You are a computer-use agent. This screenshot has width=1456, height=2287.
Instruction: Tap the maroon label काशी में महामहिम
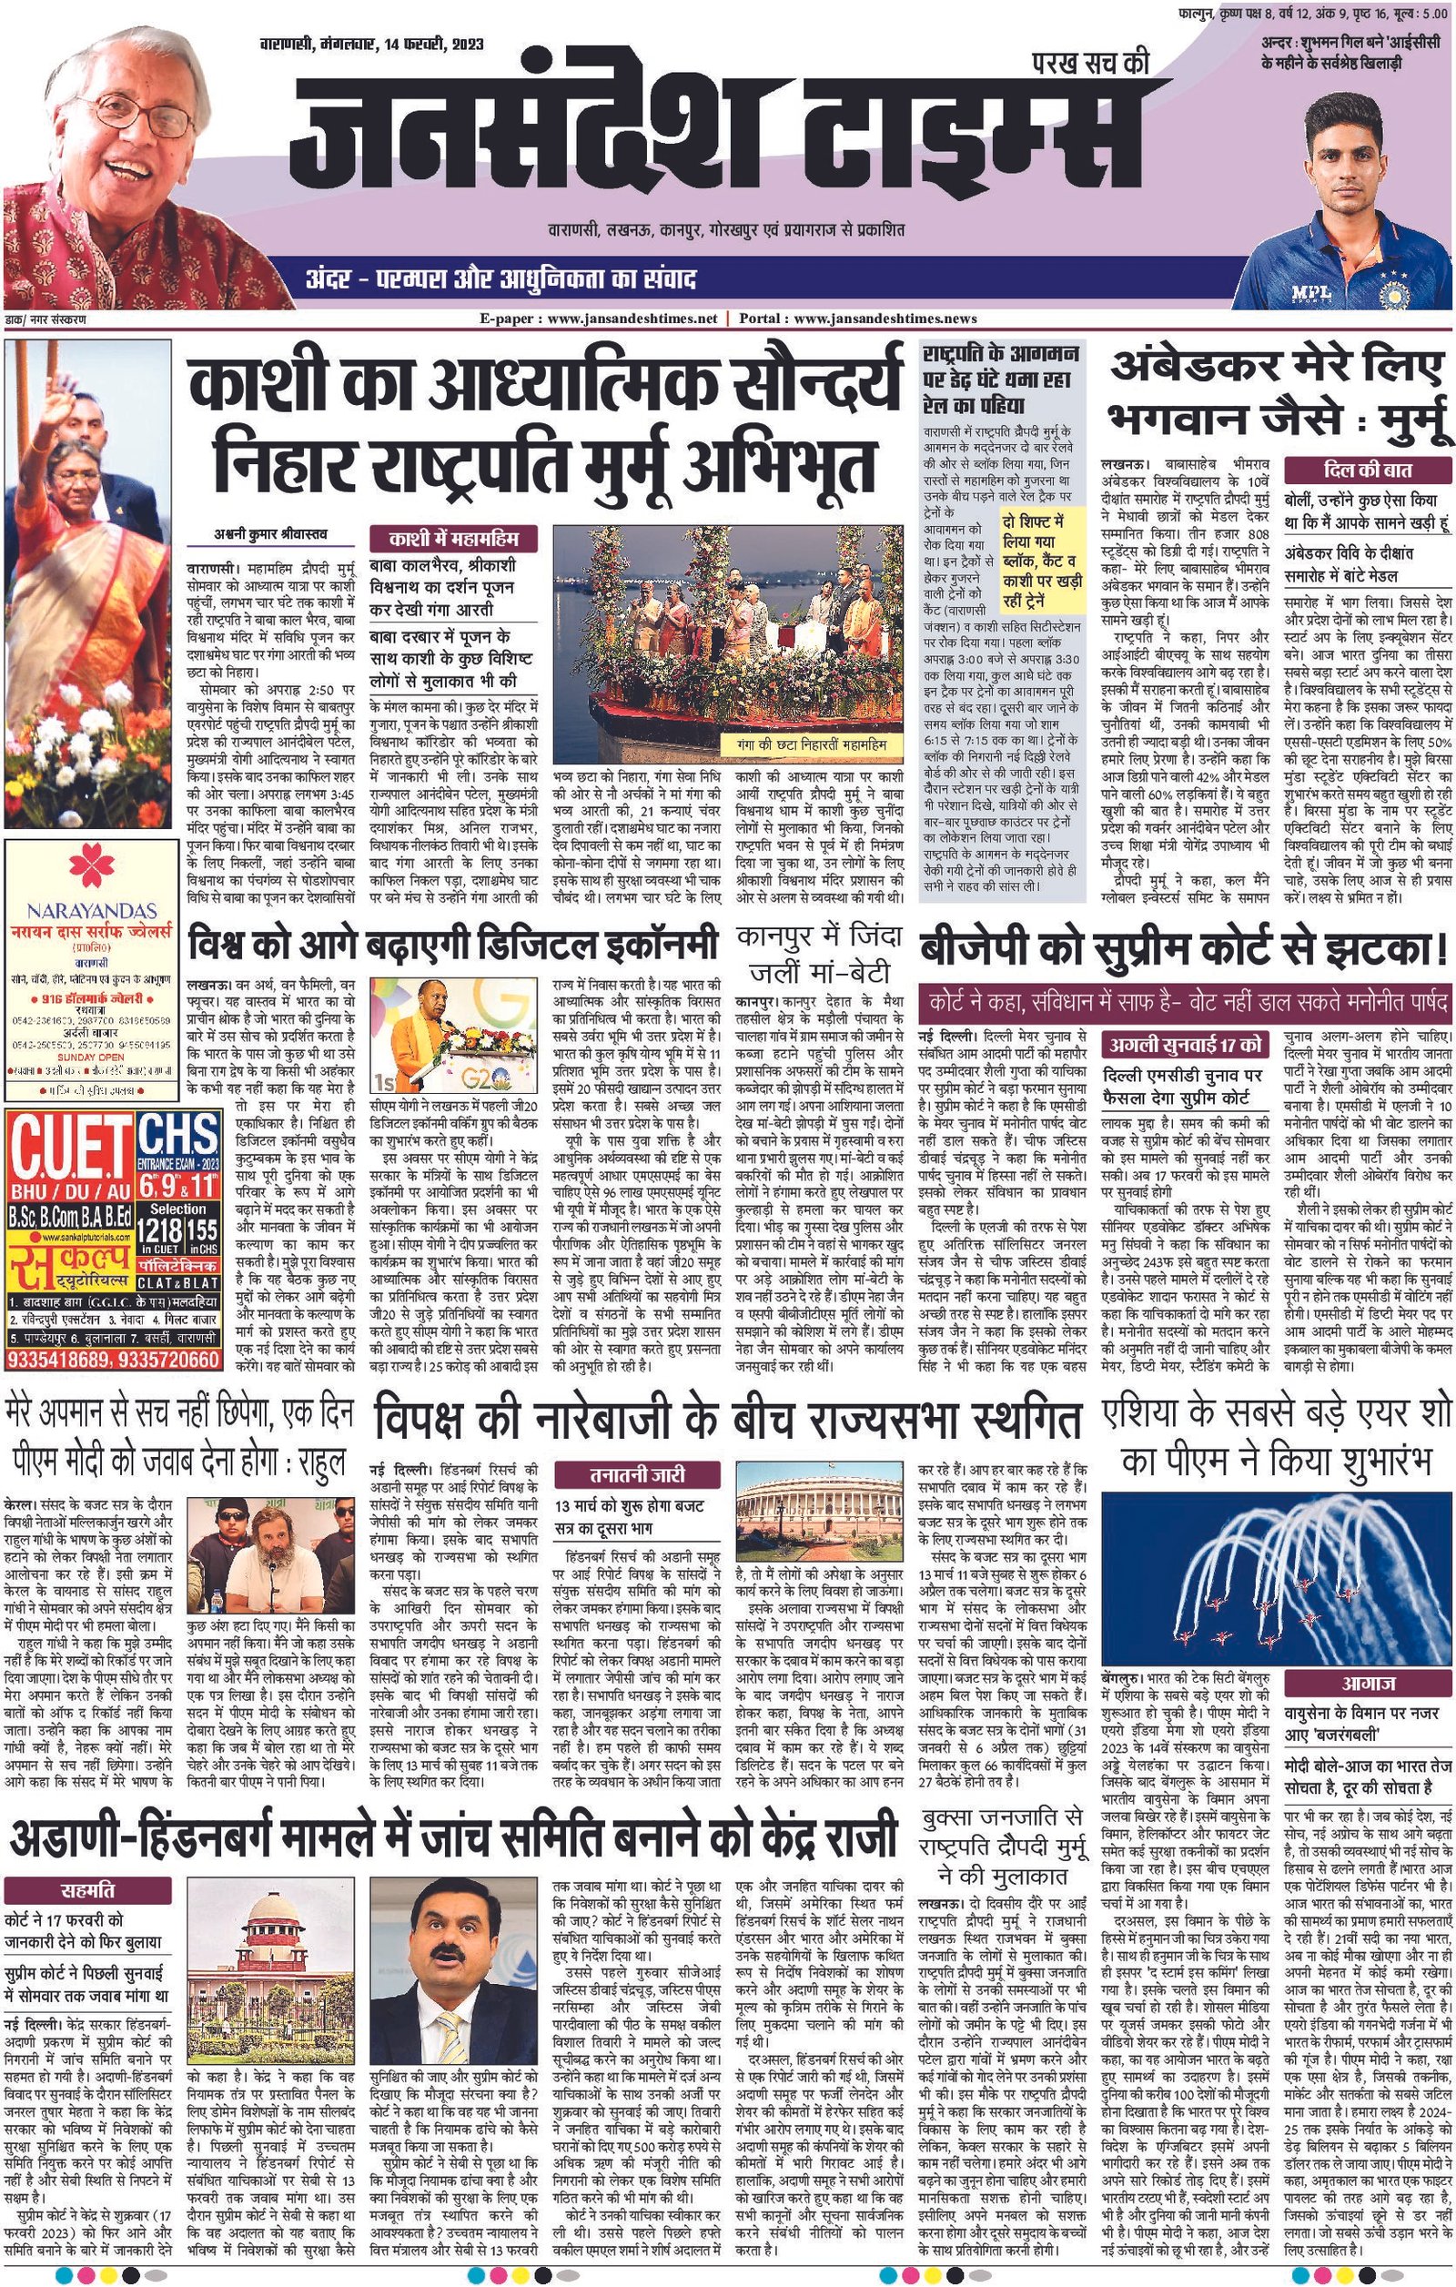(x=452, y=540)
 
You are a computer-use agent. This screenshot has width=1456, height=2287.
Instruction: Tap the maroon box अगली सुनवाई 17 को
(x=1185, y=1044)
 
